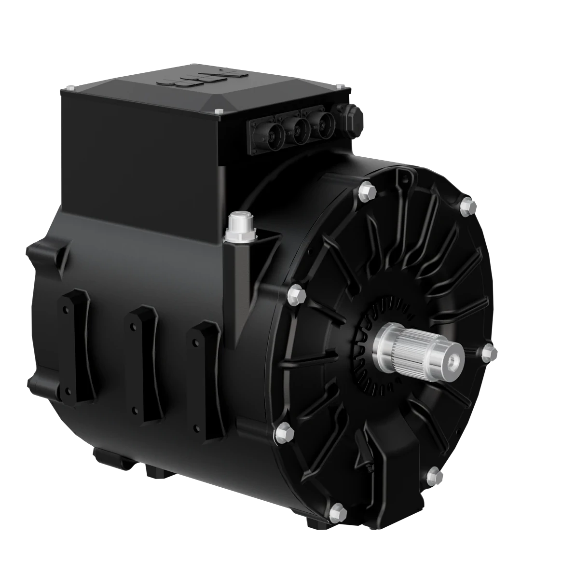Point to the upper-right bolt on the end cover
tap(467, 206)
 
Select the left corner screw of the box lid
tap(72, 88)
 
